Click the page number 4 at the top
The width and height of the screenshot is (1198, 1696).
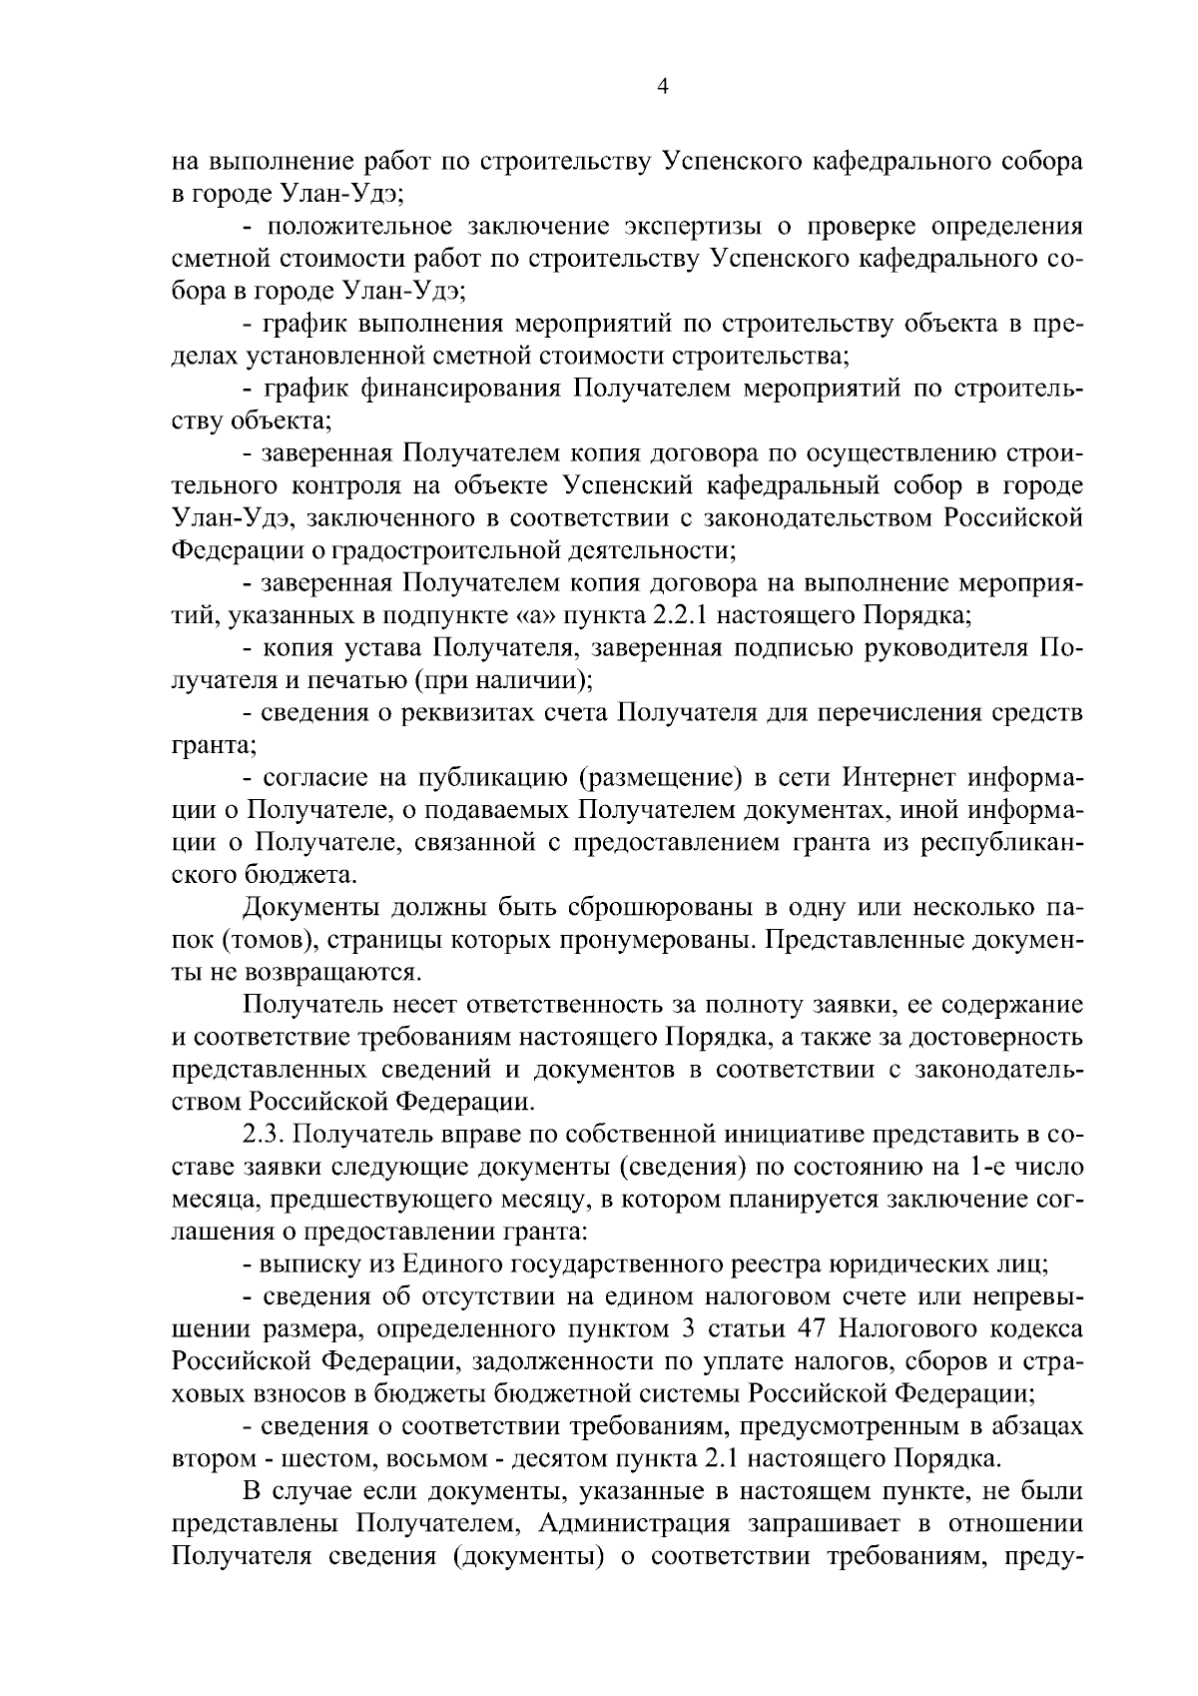(662, 87)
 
